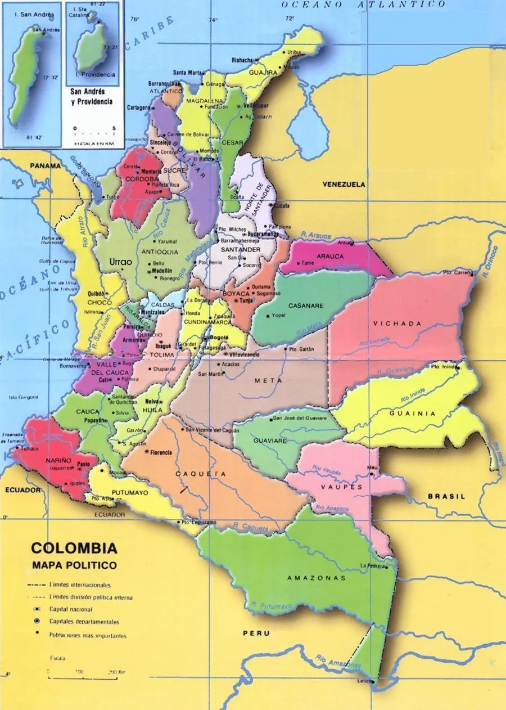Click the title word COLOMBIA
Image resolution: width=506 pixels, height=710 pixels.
pos(74,548)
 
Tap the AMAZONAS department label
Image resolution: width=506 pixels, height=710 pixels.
pos(316,578)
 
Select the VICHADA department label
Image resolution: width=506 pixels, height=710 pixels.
pos(396,323)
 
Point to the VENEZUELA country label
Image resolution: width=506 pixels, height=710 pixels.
pos(344,185)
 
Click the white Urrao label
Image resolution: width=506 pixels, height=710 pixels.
pos(120,262)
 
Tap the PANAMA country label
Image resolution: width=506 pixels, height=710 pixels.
pos(46,166)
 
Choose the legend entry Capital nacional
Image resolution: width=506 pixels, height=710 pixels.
pos(71,609)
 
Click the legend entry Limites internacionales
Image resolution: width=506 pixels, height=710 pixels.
pos(80,585)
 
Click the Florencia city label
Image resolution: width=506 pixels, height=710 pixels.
pos(161,452)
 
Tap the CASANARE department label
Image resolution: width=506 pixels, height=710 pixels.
pos(306,306)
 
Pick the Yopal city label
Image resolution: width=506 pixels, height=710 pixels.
pos(278,316)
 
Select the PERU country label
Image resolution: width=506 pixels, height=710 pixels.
pos(256,633)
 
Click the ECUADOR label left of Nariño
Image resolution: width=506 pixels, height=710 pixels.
pos(24,490)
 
